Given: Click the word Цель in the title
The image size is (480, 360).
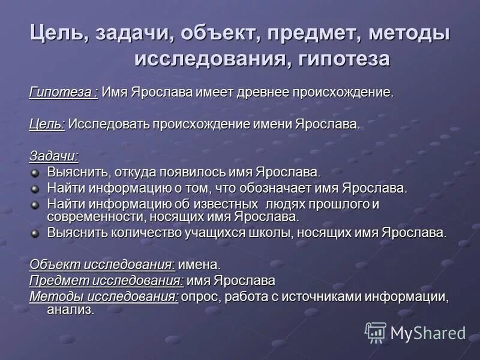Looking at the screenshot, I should point(58,34).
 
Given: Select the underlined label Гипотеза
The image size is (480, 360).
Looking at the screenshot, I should point(63,92).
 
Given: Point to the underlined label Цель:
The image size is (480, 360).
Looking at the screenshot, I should point(47,124).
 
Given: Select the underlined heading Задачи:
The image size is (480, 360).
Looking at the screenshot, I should point(54,156).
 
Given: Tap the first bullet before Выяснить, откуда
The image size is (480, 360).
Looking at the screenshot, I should point(35,173).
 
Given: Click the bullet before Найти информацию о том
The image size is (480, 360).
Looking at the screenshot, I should point(35,189).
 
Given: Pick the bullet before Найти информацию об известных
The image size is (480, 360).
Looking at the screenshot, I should point(35,205).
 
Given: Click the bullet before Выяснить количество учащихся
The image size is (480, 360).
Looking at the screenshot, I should point(35,233).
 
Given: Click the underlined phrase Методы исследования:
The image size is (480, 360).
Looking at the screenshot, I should point(104,296).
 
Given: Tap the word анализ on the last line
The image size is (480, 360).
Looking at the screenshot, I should point(70,310).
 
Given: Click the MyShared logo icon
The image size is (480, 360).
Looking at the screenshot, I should point(376,332).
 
